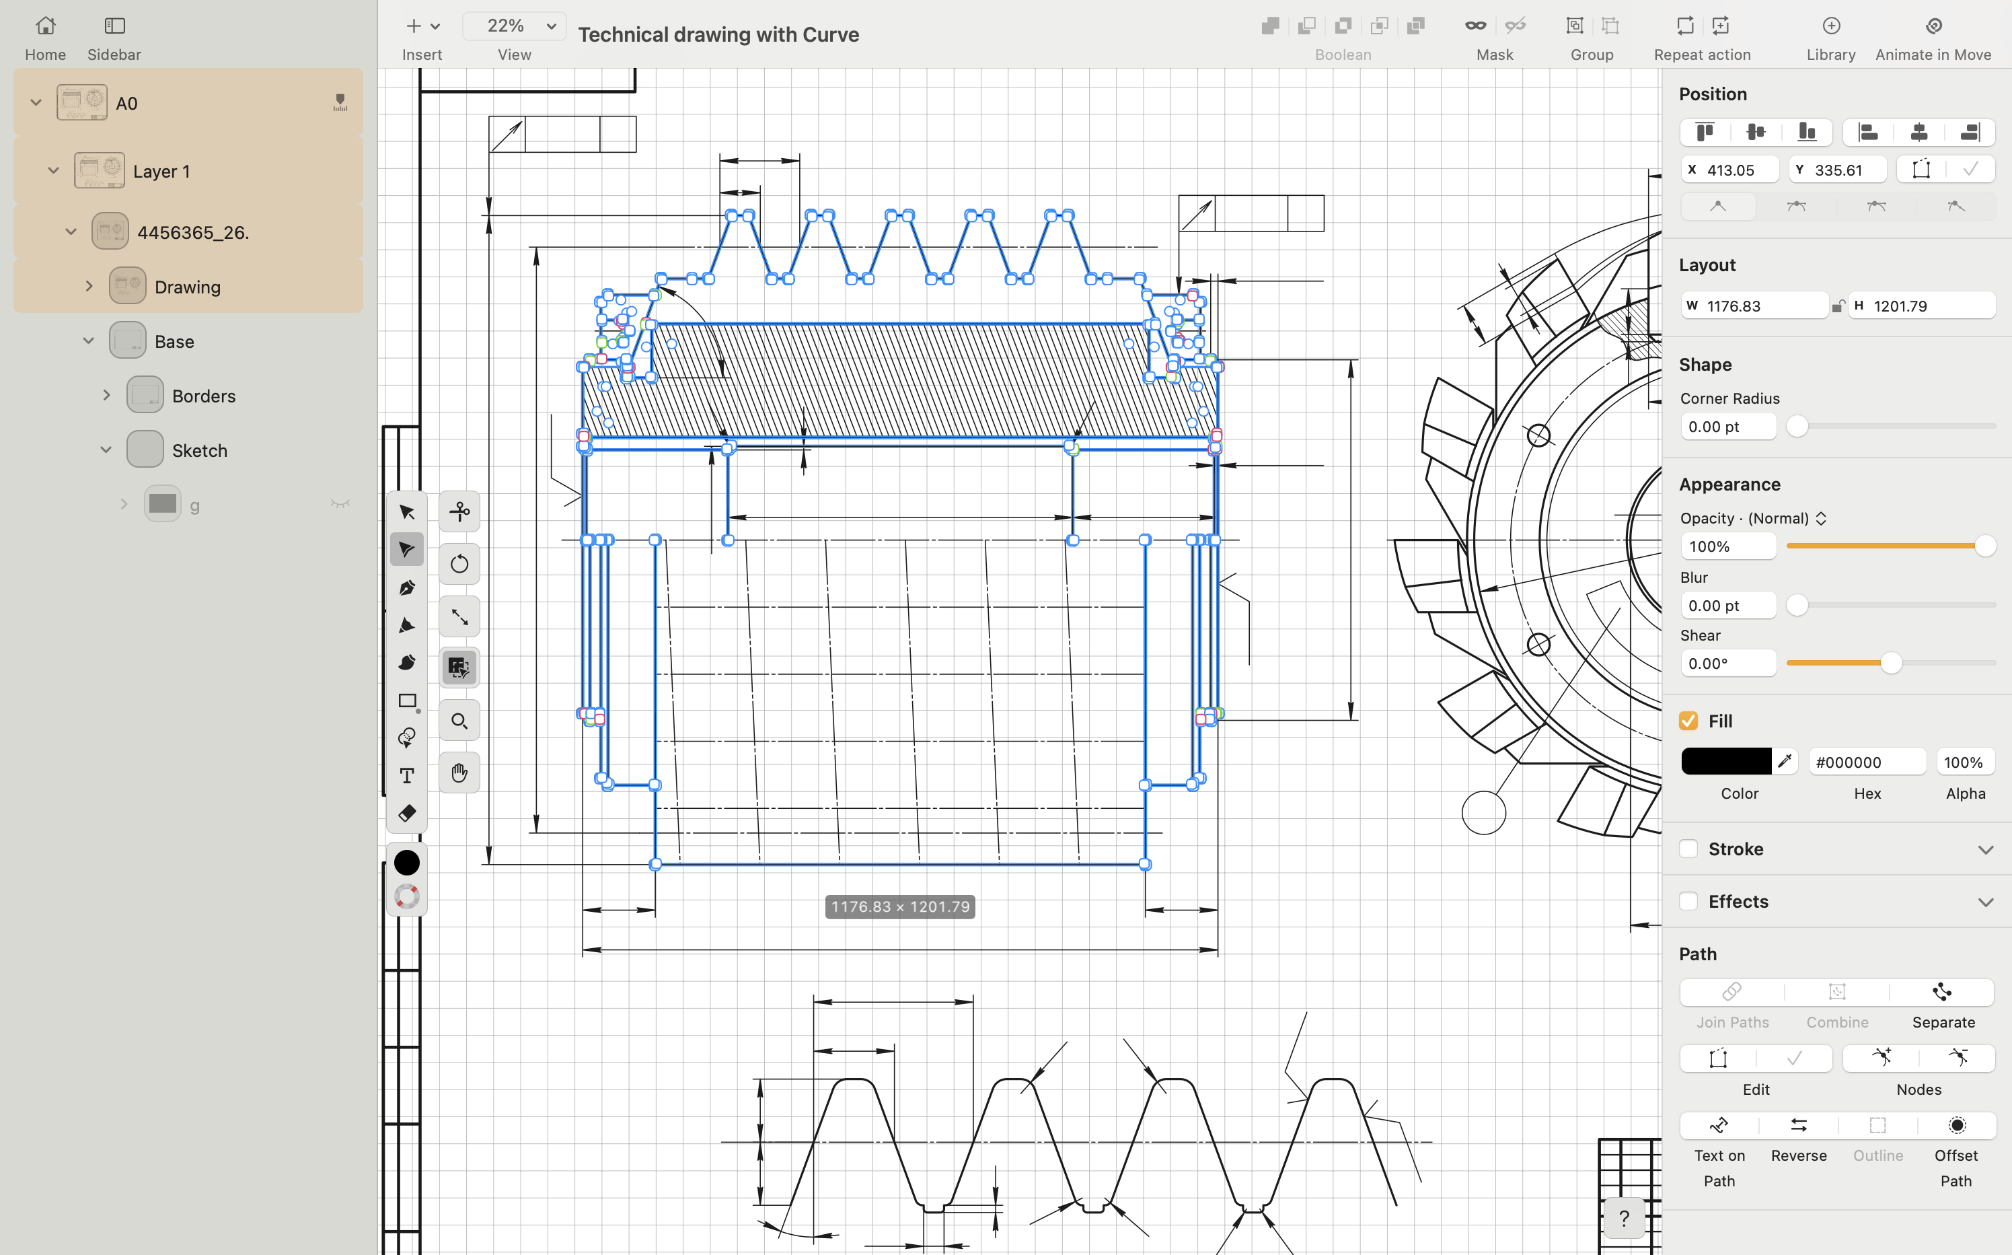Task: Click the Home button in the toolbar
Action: pos(45,38)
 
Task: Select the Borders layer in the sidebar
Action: pos(203,396)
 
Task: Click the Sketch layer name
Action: pos(199,451)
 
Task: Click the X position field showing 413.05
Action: pos(1738,170)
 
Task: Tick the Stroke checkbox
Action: pos(1688,849)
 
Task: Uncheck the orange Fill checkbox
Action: pos(1688,721)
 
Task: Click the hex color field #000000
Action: pos(1866,762)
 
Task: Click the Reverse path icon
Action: pos(1798,1126)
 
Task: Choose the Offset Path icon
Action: pos(1956,1126)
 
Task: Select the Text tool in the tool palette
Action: pos(406,776)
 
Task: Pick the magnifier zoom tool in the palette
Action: pos(459,721)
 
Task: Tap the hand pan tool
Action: pos(459,773)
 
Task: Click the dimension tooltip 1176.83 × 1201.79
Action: pos(899,906)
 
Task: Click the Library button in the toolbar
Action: pos(1830,38)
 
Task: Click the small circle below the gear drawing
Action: pos(1483,813)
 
